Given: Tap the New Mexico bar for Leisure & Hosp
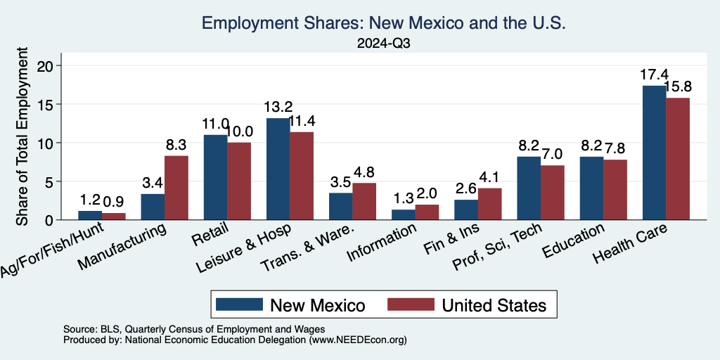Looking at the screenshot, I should [278, 169].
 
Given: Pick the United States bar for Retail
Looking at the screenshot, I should [239, 181].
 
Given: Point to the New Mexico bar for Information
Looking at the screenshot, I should [403, 214].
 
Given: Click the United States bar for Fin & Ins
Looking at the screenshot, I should [489, 204].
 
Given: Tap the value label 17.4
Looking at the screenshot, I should [654, 74].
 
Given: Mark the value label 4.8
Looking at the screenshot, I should [364, 171].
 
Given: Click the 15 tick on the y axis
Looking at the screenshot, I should [48, 104].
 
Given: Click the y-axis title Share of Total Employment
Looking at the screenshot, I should [22, 137].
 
